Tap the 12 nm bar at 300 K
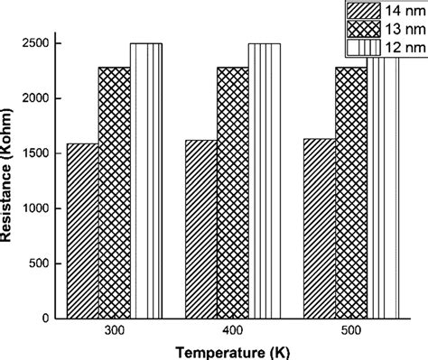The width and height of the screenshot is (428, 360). [x=145, y=180]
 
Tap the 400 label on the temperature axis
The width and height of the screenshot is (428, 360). [x=232, y=331]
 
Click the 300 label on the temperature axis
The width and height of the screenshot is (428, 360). [x=114, y=331]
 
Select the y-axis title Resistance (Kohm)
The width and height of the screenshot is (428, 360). [x=11, y=176]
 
